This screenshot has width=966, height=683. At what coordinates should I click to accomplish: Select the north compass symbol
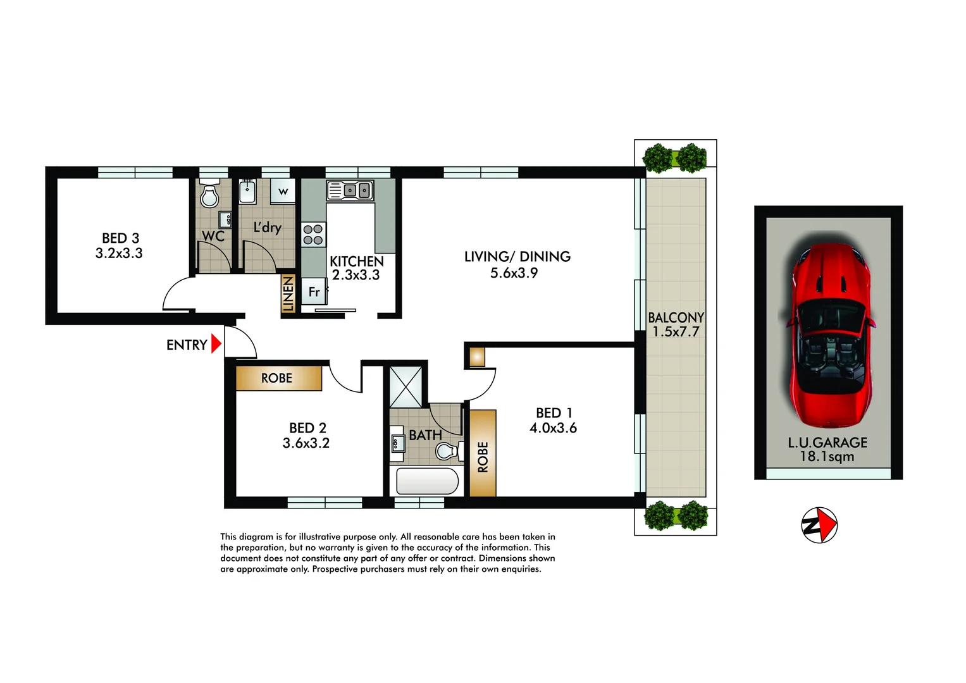(x=819, y=525)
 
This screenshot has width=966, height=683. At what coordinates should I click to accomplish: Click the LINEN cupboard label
(x=288, y=293)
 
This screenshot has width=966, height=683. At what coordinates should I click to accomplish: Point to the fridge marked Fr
(x=314, y=292)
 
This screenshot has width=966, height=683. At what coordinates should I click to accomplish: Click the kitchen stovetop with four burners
(x=313, y=235)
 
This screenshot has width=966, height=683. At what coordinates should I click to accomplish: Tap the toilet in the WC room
(x=209, y=195)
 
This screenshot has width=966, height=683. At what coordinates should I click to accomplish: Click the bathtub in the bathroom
(x=427, y=481)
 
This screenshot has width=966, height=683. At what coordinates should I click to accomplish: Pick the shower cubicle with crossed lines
(x=406, y=386)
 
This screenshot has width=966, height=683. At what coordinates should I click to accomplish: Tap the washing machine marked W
(x=283, y=191)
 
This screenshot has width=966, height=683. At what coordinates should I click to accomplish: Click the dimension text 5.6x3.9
(x=514, y=273)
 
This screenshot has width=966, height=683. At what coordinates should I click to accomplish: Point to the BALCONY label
(x=676, y=317)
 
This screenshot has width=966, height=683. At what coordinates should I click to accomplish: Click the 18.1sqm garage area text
(x=827, y=457)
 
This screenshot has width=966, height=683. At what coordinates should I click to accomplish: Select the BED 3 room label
(x=120, y=238)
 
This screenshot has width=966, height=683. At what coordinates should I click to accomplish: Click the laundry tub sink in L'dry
(x=247, y=190)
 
